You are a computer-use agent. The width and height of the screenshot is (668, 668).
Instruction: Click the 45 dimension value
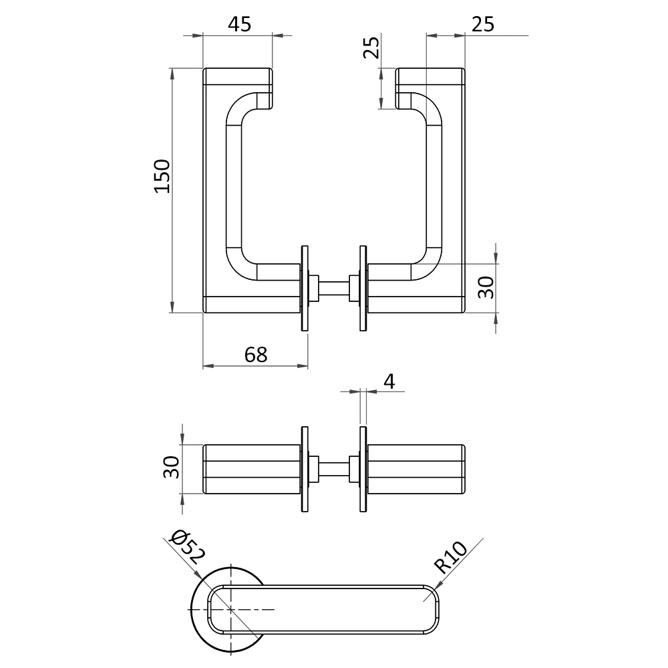pos(239,24)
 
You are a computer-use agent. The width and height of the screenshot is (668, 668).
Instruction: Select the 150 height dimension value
pos(163,176)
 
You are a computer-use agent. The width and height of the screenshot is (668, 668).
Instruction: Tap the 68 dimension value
pos(256,354)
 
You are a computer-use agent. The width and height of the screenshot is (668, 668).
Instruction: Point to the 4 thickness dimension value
pos(390,381)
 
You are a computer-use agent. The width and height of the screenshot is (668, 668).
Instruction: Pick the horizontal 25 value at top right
pos(482,24)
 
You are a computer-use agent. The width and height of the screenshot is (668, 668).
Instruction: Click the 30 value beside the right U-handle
pos(487,287)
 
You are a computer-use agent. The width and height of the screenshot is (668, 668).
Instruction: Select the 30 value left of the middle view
pos(172,467)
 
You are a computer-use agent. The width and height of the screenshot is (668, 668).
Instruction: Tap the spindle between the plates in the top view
pos(335,287)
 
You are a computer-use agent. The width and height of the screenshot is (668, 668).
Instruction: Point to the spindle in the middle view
pos(335,467)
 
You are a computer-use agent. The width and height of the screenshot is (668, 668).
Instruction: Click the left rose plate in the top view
pos(305,287)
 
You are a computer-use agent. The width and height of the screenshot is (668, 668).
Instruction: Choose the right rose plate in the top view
pos(363,287)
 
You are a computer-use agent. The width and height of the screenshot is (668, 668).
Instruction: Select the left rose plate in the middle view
pos(305,469)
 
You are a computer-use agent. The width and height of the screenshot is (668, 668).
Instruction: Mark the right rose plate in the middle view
pos(363,469)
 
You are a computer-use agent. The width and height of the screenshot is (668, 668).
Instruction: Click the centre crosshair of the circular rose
pos(230,609)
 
